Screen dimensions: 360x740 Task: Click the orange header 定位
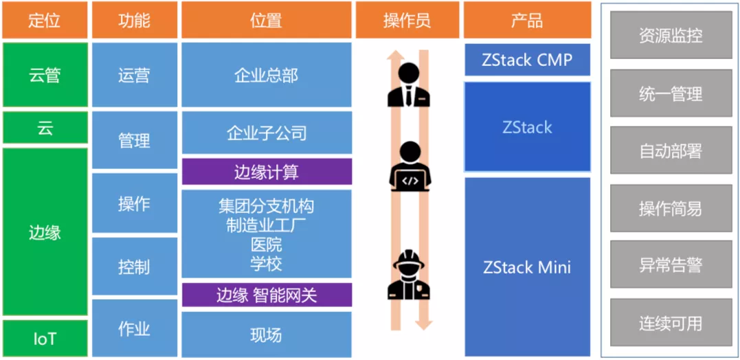[x=45, y=20]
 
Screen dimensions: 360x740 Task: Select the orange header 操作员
[x=407, y=20]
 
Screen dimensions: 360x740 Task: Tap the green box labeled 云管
[x=45, y=75]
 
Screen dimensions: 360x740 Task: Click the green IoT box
[x=45, y=338]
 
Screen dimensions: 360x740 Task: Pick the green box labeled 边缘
[x=45, y=232]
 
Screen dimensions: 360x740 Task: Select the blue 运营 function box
[x=134, y=75]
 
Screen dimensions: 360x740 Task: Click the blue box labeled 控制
[x=134, y=267]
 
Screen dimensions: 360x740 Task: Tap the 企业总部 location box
[x=267, y=75]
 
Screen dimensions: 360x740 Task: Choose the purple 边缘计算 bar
[x=267, y=172]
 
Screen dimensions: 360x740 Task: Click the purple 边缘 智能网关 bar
[x=267, y=295]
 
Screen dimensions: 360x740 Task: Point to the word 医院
[x=267, y=245]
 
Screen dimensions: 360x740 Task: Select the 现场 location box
[x=267, y=335]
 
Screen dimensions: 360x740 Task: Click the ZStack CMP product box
[x=527, y=60]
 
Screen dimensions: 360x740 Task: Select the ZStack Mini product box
[x=527, y=267]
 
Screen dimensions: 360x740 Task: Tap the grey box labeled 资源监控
[x=670, y=36]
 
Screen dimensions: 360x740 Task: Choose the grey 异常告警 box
[x=670, y=265]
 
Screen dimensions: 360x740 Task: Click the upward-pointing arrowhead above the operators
[x=394, y=56]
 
